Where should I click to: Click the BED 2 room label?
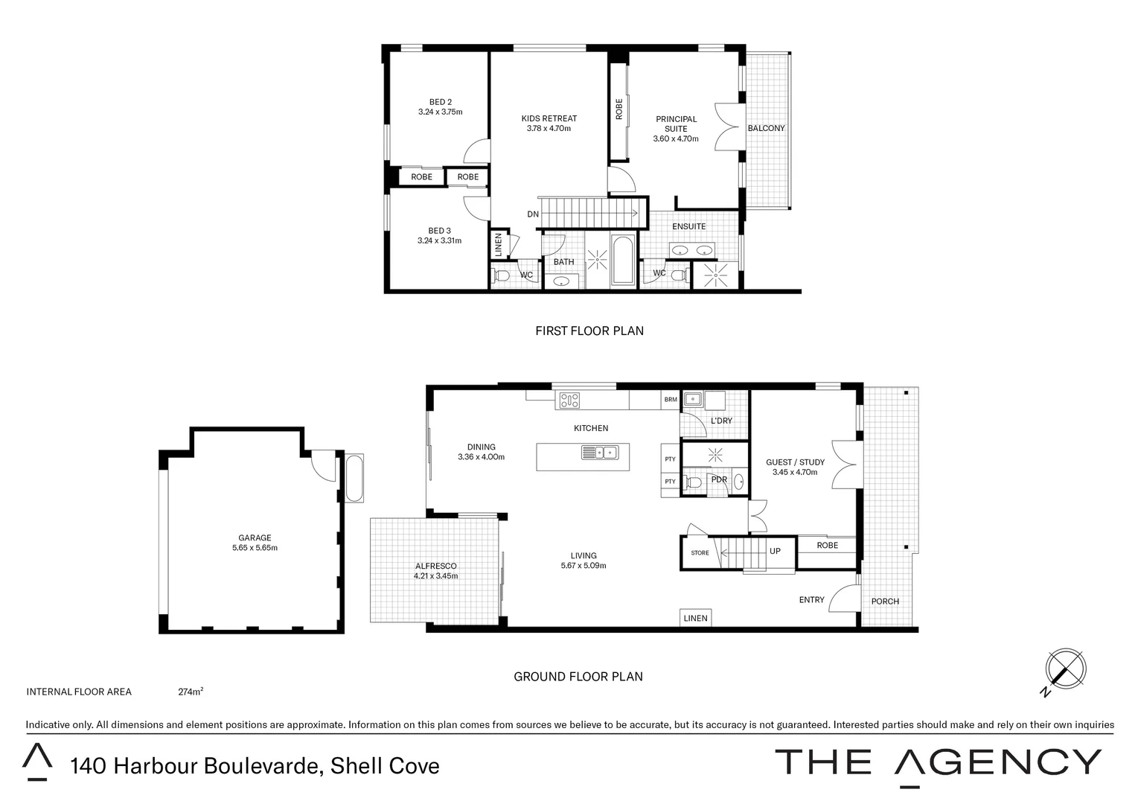[440, 103]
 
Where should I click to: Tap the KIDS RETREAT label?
[549, 118]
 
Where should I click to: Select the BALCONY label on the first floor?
[766, 128]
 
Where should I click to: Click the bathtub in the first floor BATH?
[622, 261]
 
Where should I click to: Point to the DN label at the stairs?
[533, 214]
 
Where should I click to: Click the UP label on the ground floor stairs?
[775, 552]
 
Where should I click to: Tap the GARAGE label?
[255, 537]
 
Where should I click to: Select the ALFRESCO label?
[435, 566]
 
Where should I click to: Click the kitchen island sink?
[600, 452]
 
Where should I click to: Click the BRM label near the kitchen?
[671, 400]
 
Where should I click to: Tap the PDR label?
[719, 479]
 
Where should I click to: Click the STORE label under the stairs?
[700, 553]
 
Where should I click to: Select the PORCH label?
[885, 602]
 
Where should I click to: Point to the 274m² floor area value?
[191, 692]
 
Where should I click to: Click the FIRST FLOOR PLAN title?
[589, 331]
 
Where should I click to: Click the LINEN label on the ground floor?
[695, 619]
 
